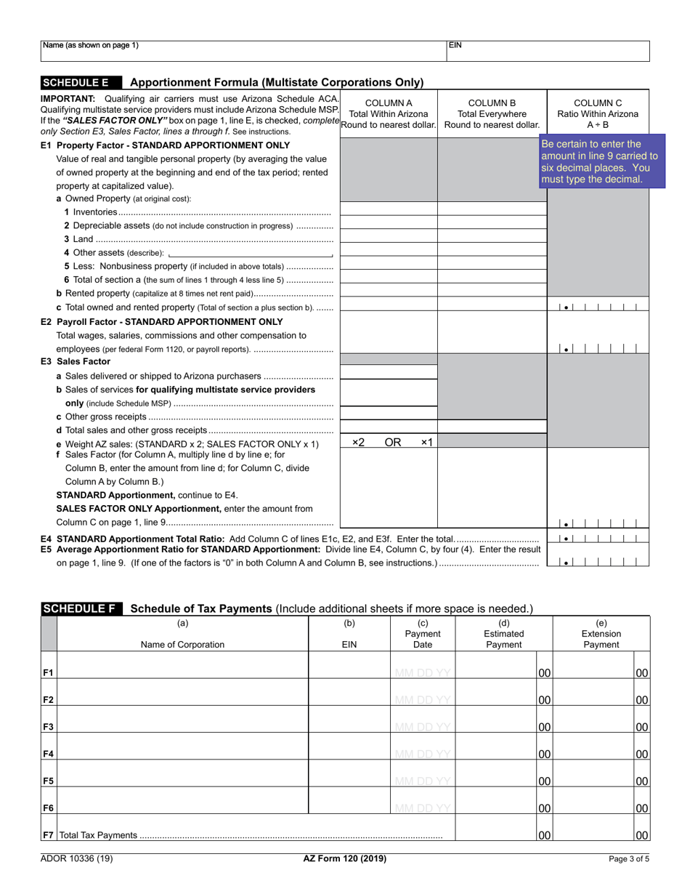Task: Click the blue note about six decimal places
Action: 602,161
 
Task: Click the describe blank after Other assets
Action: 250,253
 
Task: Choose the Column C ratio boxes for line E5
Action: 599,561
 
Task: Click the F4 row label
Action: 49,754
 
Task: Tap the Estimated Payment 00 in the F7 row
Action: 544,836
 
